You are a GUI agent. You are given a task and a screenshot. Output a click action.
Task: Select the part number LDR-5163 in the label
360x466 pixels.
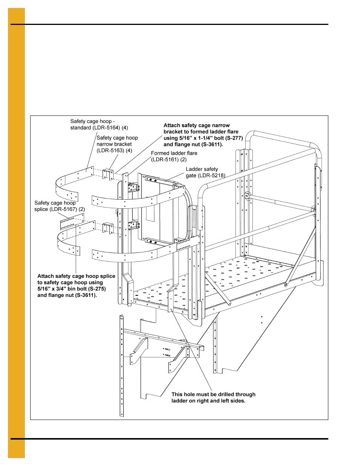pos(110,151)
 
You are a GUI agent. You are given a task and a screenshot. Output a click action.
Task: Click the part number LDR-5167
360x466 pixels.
pos(63,209)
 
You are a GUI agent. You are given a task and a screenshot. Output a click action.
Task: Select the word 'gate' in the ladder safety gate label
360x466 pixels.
pos(191,175)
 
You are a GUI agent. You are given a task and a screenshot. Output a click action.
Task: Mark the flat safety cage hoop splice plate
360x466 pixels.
pos(72,221)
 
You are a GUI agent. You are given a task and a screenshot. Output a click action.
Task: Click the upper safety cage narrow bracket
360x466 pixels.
pos(108,174)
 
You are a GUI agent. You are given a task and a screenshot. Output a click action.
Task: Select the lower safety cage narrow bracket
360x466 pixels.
pos(108,228)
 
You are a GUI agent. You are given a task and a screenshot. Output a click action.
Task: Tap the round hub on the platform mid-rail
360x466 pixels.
pos(248,195)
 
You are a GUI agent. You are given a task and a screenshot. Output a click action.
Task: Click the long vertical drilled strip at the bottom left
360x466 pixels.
pos(122,366)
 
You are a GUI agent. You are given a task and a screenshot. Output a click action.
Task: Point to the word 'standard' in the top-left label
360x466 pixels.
pos(81,128)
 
